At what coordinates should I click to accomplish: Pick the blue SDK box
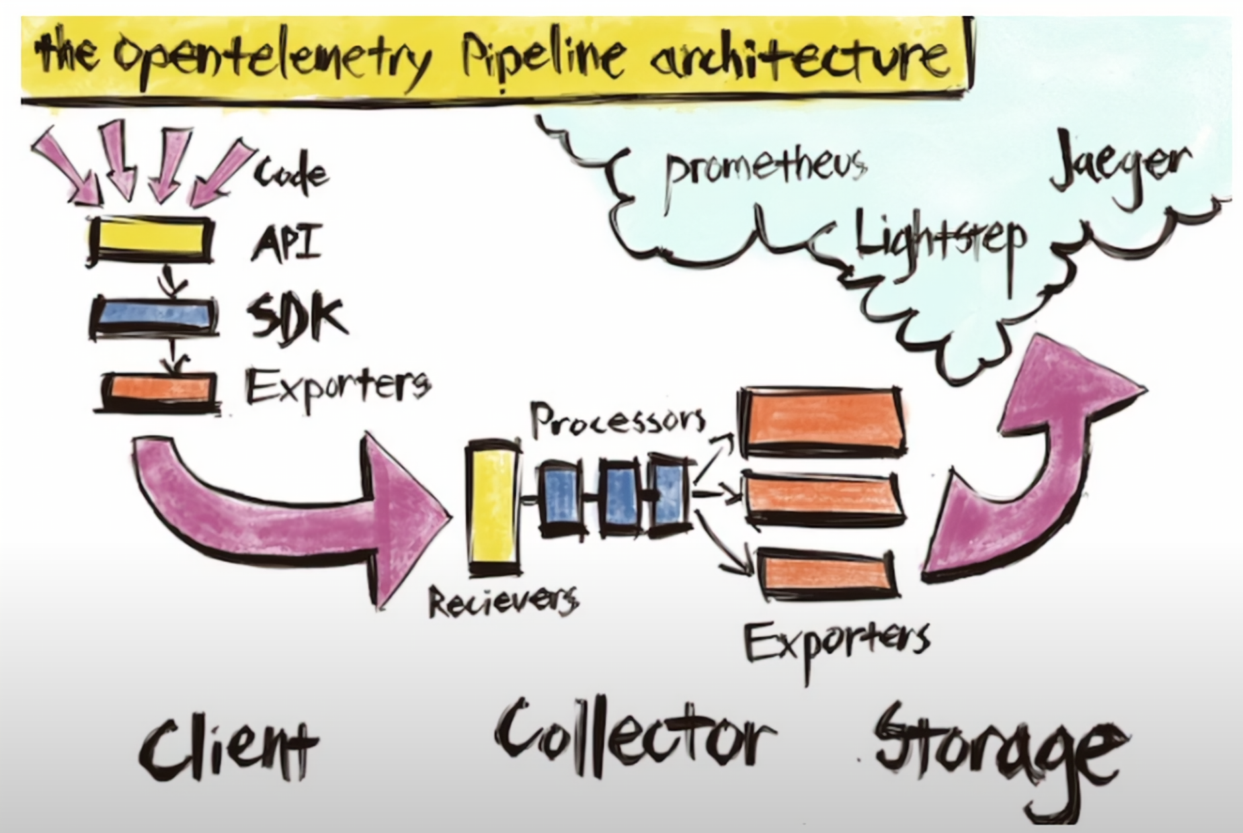[153, 315]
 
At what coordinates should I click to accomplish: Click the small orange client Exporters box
[160, 389]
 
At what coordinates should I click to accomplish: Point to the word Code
[291, 173]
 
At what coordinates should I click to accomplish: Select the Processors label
[618, 420]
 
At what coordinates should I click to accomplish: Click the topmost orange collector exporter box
[821, 421]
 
